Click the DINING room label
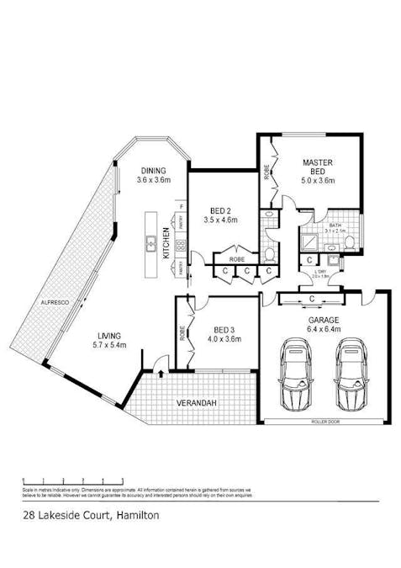coord(154,170)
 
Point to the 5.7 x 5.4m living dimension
coord(109,345)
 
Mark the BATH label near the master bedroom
coord(333,226)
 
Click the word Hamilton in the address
coord(136,513)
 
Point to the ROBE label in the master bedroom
coord(266,173)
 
